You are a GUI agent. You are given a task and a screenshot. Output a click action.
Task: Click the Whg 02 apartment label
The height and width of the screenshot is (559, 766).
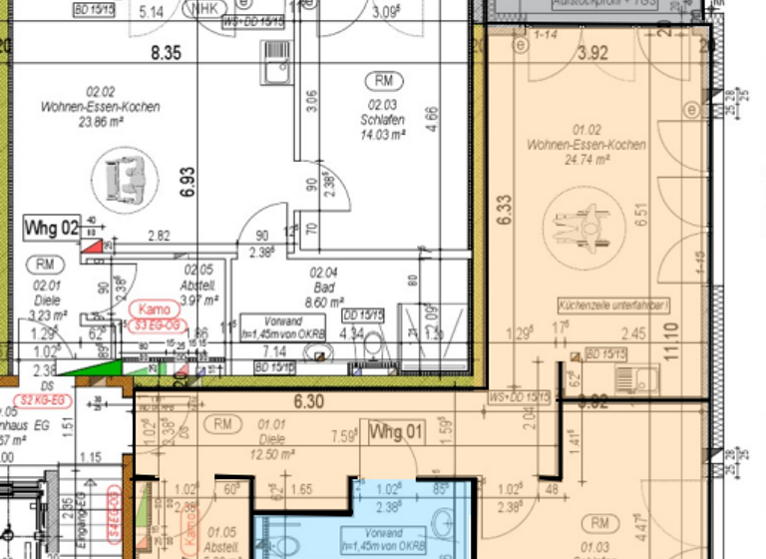[x=50, y=229]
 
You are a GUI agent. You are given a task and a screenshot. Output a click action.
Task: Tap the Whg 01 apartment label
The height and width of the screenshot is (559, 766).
[x=396, y=432]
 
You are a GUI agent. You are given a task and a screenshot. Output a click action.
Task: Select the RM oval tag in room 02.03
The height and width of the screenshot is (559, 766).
[x=384, y=80]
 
